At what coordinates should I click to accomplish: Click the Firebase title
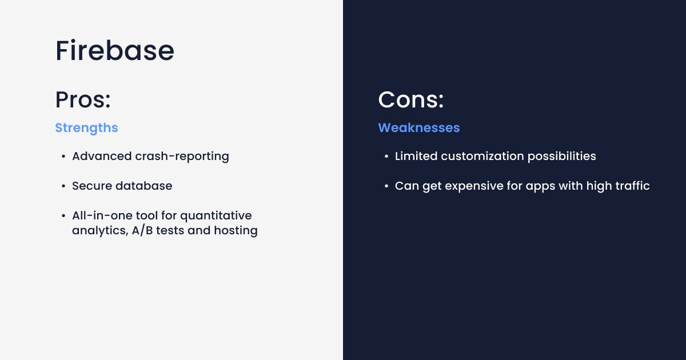[115, 50]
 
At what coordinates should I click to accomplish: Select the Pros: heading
[83, 99]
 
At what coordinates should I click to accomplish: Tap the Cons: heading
[411, 99]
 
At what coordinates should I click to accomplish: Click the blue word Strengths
[86, 128]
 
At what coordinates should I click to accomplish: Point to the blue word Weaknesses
[419, 127]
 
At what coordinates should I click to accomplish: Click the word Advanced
[102, 156]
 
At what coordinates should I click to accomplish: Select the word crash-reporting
[182, 157]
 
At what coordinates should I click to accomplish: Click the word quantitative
[216, 216]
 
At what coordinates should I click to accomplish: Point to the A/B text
[142, 230]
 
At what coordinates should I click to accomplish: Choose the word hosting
[236, 231]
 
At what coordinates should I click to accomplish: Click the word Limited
[416, 156]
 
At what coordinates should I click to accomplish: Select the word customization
[482, 156]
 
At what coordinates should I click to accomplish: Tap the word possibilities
[561, 157]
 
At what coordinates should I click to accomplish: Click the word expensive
[474, 186]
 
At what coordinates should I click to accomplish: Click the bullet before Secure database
[63, 186]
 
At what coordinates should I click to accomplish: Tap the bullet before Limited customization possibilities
[386, 157]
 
